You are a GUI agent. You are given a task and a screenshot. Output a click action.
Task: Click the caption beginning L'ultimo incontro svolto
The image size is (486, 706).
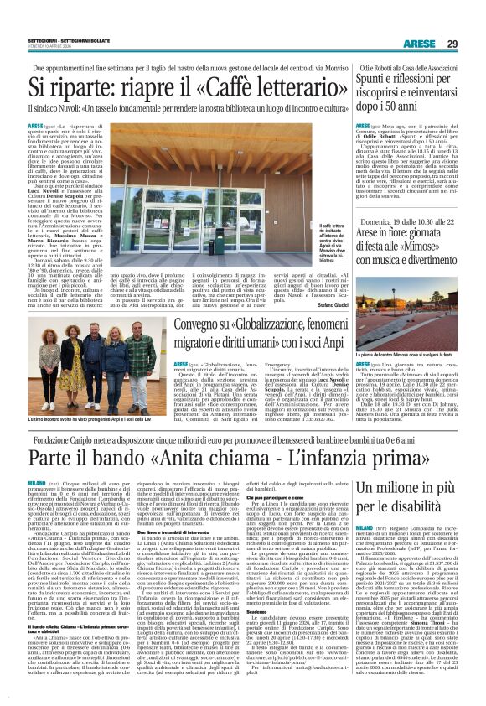coord(80,394)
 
